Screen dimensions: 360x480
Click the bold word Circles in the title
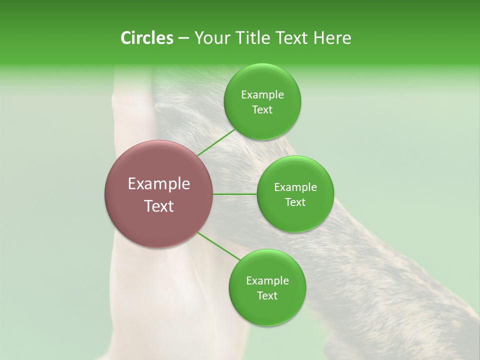[x=146, y=38]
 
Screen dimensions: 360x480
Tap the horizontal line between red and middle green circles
[x=235, y=194]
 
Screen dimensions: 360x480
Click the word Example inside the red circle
[x=159, y=184]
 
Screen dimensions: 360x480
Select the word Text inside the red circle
[x=159, y=206]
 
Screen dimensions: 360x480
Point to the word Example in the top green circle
[x=262, y=95]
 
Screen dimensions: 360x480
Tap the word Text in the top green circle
[x=262, y=110]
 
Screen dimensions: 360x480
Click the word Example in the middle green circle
[x=295, y=187]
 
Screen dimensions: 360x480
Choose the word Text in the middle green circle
[x=295, y=202]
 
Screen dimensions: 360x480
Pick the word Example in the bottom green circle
[x=267, y=281]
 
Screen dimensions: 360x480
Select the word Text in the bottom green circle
[x=267, y=296]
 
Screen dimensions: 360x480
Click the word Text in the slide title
[x=290, y=38]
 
